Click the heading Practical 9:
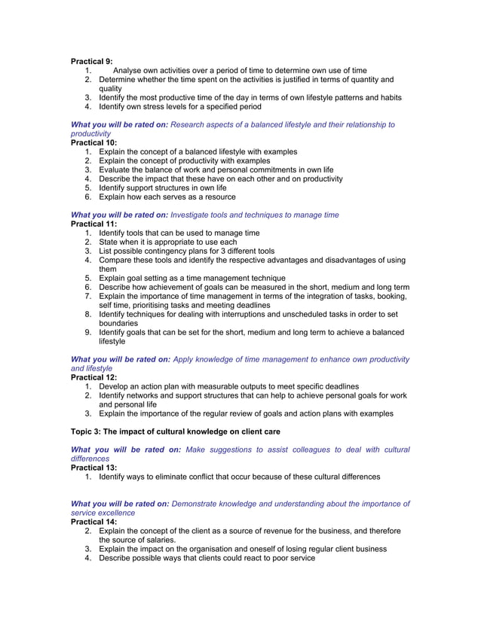pyautogui.click(x=91, y=61)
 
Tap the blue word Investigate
pyautogui.click(x=195, y=215)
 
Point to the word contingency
pyautogui.click(x=163, y=251)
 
